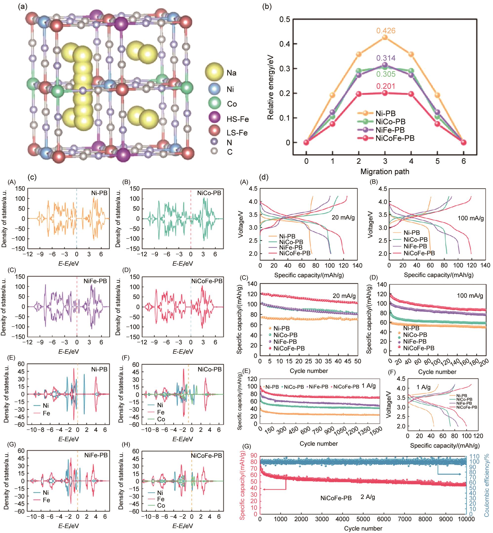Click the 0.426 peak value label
[x=386, y=31]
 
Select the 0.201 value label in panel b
[x=386, y=86]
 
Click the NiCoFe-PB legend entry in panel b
[x=395, y=138]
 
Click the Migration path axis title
[x=385, y=171]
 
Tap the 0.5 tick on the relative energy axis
[x=285, y=19]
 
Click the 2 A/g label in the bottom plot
[x=368, y=497]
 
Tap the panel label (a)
[x=23, y=6]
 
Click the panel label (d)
[x=264, y=177]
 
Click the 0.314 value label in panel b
[x=386, y=58]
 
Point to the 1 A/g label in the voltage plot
[x=424, y=387]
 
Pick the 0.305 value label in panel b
[x=386, y=74]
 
